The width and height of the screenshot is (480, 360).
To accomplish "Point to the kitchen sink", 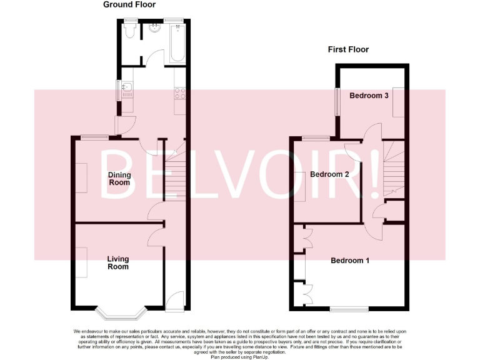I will point(127,94).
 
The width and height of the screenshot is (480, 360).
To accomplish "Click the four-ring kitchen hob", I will point(179,94).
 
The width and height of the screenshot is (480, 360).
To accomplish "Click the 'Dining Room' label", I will point(119,179).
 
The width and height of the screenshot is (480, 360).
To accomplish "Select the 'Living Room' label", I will point(117,263).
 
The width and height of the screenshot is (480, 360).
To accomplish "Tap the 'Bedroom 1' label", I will point(350,261).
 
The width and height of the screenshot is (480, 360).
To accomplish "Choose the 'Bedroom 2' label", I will point(329,174).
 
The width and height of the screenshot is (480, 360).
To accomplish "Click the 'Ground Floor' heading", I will point(129,5).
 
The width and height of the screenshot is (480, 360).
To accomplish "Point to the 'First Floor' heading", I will point(349,49).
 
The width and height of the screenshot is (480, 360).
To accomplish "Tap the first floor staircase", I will point(394,167).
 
